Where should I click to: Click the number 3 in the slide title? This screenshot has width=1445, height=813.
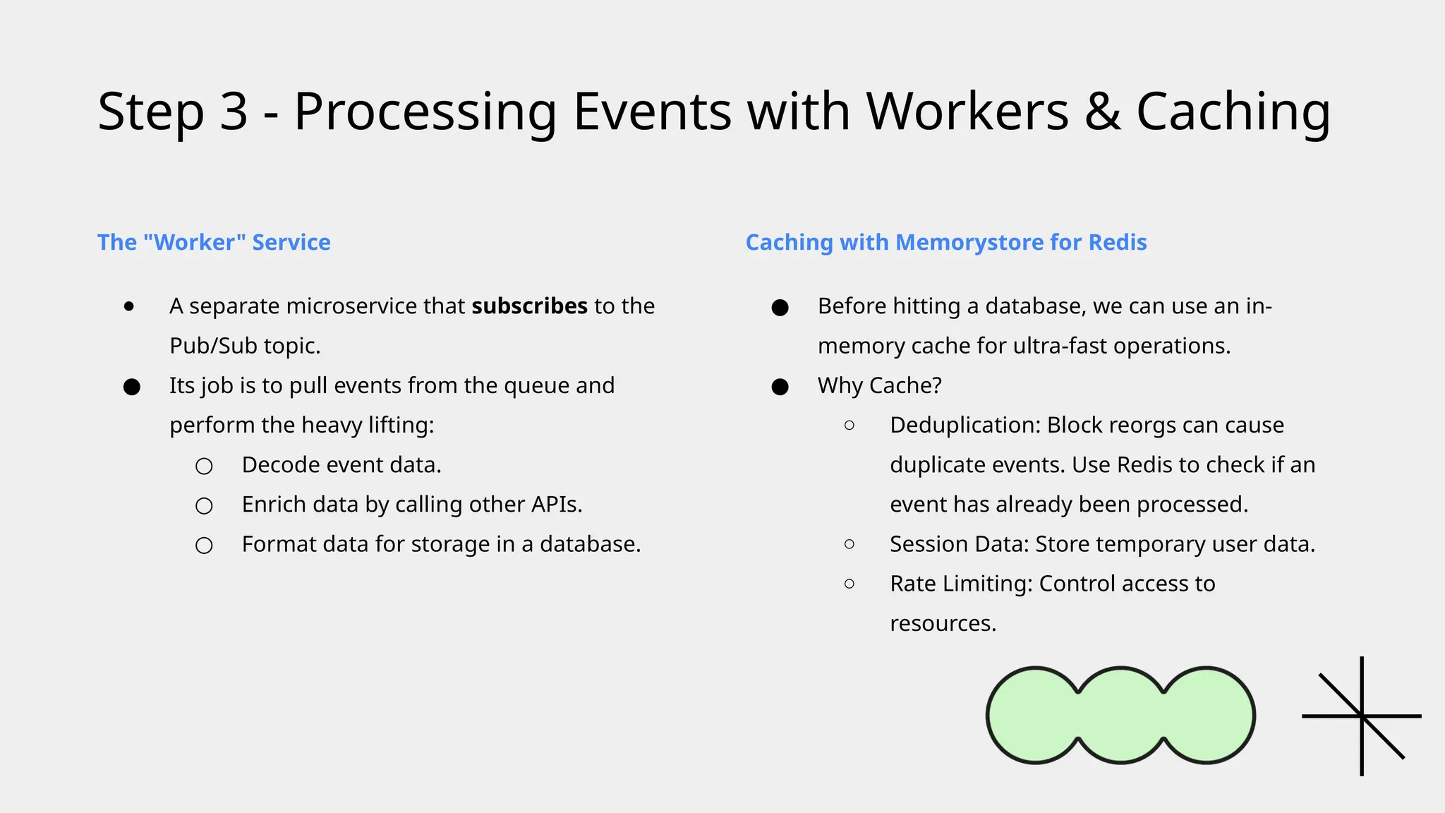click(234, 112)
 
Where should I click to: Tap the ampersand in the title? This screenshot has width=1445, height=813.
click(1102, 112)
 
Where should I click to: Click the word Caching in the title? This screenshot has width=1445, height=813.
click(1233, 112)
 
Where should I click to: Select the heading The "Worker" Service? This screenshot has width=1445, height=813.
click(214, 242)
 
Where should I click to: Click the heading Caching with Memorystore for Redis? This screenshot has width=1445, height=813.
click(945, 242)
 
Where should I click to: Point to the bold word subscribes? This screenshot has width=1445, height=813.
click(529, 306)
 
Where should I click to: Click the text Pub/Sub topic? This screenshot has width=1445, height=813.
click(245, 346)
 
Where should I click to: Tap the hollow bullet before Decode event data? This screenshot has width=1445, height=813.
click(204, 466)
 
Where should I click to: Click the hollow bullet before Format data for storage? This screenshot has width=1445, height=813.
click(204, 546)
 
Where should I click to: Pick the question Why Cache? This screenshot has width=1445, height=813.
click(879, 385)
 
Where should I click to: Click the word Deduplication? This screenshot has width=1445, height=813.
click(965, 426)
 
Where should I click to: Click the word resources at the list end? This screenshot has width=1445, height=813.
click(942, 624)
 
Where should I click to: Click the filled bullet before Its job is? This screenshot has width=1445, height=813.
click(132, 387)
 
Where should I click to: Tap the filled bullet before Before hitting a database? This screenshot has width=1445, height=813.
click(780, 308)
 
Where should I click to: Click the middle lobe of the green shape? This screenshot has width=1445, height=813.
click(1120, 716)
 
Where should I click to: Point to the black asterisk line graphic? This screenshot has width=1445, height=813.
click(1361, 716)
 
